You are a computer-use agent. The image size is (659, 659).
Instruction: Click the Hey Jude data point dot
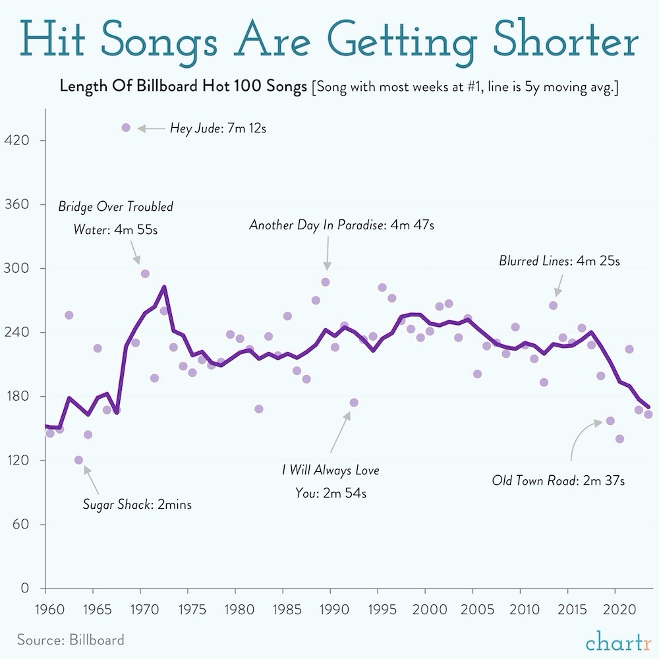tap(126, 127)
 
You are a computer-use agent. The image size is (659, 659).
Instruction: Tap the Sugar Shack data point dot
tap(78, 460)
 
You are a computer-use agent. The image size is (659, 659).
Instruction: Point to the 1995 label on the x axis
tap(379, 606)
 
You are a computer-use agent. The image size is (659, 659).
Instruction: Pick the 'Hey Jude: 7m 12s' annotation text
tap(217, 128)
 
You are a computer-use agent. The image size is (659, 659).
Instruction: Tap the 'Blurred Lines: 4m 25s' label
tap(559, 261)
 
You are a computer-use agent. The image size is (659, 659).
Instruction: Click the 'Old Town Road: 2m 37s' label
tap(558, 480)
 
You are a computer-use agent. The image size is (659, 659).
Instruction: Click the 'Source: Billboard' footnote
tap(71, 639)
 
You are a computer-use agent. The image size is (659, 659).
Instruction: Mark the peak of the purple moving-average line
tap(164, 287)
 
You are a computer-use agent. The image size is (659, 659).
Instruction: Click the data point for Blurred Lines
tap(553, 305)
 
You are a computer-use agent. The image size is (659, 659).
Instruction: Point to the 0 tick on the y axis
tap(24, 588)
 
